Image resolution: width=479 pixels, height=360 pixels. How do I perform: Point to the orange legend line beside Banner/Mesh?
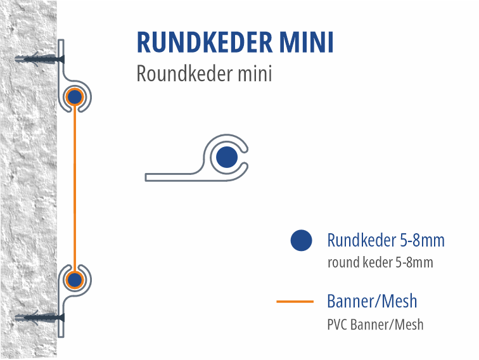tap(295, 302)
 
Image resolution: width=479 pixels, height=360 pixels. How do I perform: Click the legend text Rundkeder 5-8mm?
tap(386, 241)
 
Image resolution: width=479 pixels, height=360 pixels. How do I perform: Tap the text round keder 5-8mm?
tap(380, 262)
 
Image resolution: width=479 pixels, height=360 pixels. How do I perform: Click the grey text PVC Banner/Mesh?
tap(375, 325)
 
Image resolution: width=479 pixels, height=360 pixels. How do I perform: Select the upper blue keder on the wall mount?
tap(75, 97)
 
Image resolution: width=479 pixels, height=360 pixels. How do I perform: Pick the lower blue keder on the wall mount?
tap(75, 280)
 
